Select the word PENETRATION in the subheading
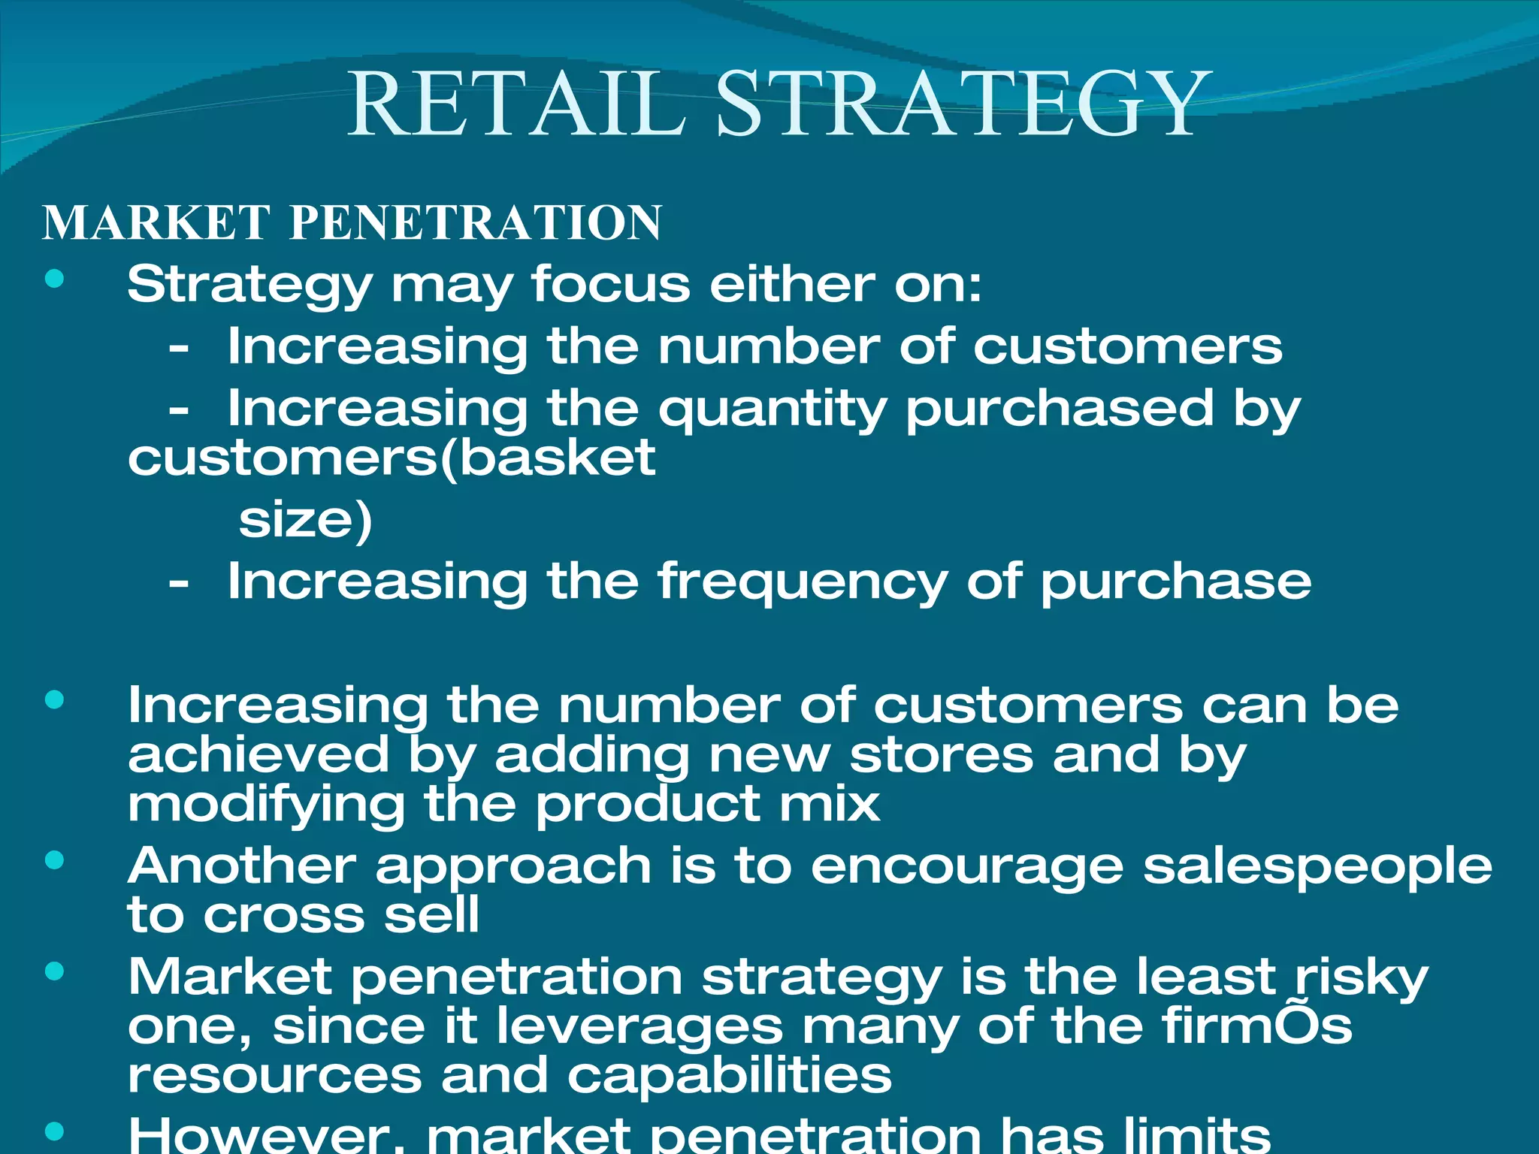(x=476, y=223)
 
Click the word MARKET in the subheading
(x=157, y=223)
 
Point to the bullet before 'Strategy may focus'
(x=55, y=279)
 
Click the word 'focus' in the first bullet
(x=611, y=285)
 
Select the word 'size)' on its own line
(x=305, y=520)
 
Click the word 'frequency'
(x=802, y=583)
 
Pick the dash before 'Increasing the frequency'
(x=178, y=583)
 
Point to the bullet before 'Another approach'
(x=55, y=860)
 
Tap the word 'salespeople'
(x=1317, y=867)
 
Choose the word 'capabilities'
(x=729, y=1077)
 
